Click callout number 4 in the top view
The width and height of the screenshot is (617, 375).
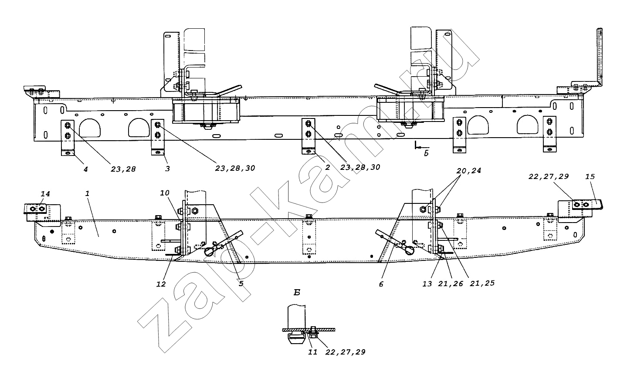click(86, 169)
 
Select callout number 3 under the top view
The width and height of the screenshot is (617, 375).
click(167, 169)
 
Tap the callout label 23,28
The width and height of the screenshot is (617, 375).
click(123, 169)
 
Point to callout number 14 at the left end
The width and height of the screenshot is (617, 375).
click(45, 194)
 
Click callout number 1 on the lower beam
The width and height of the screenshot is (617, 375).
click(87, 193)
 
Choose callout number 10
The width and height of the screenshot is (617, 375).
click(165, 193)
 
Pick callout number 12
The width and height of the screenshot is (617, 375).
click(161, 284)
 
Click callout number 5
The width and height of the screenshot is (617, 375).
click(241, 284)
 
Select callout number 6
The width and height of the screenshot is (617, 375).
click(381, 284)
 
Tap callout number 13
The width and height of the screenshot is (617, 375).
click(427, 284)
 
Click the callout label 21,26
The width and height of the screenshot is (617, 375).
click(451, 284)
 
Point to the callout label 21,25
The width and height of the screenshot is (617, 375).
click(482, 283)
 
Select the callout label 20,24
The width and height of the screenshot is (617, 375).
click(469, 171)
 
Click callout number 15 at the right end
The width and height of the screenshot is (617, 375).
click(590, 176)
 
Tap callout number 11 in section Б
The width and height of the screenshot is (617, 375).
click(312, 352)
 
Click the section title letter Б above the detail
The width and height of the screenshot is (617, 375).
click(297, 293)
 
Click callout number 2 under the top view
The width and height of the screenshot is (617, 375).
click(328, 167)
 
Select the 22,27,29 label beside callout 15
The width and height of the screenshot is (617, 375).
click(549, 176)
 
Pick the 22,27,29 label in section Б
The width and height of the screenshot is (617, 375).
click(346, 352)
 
